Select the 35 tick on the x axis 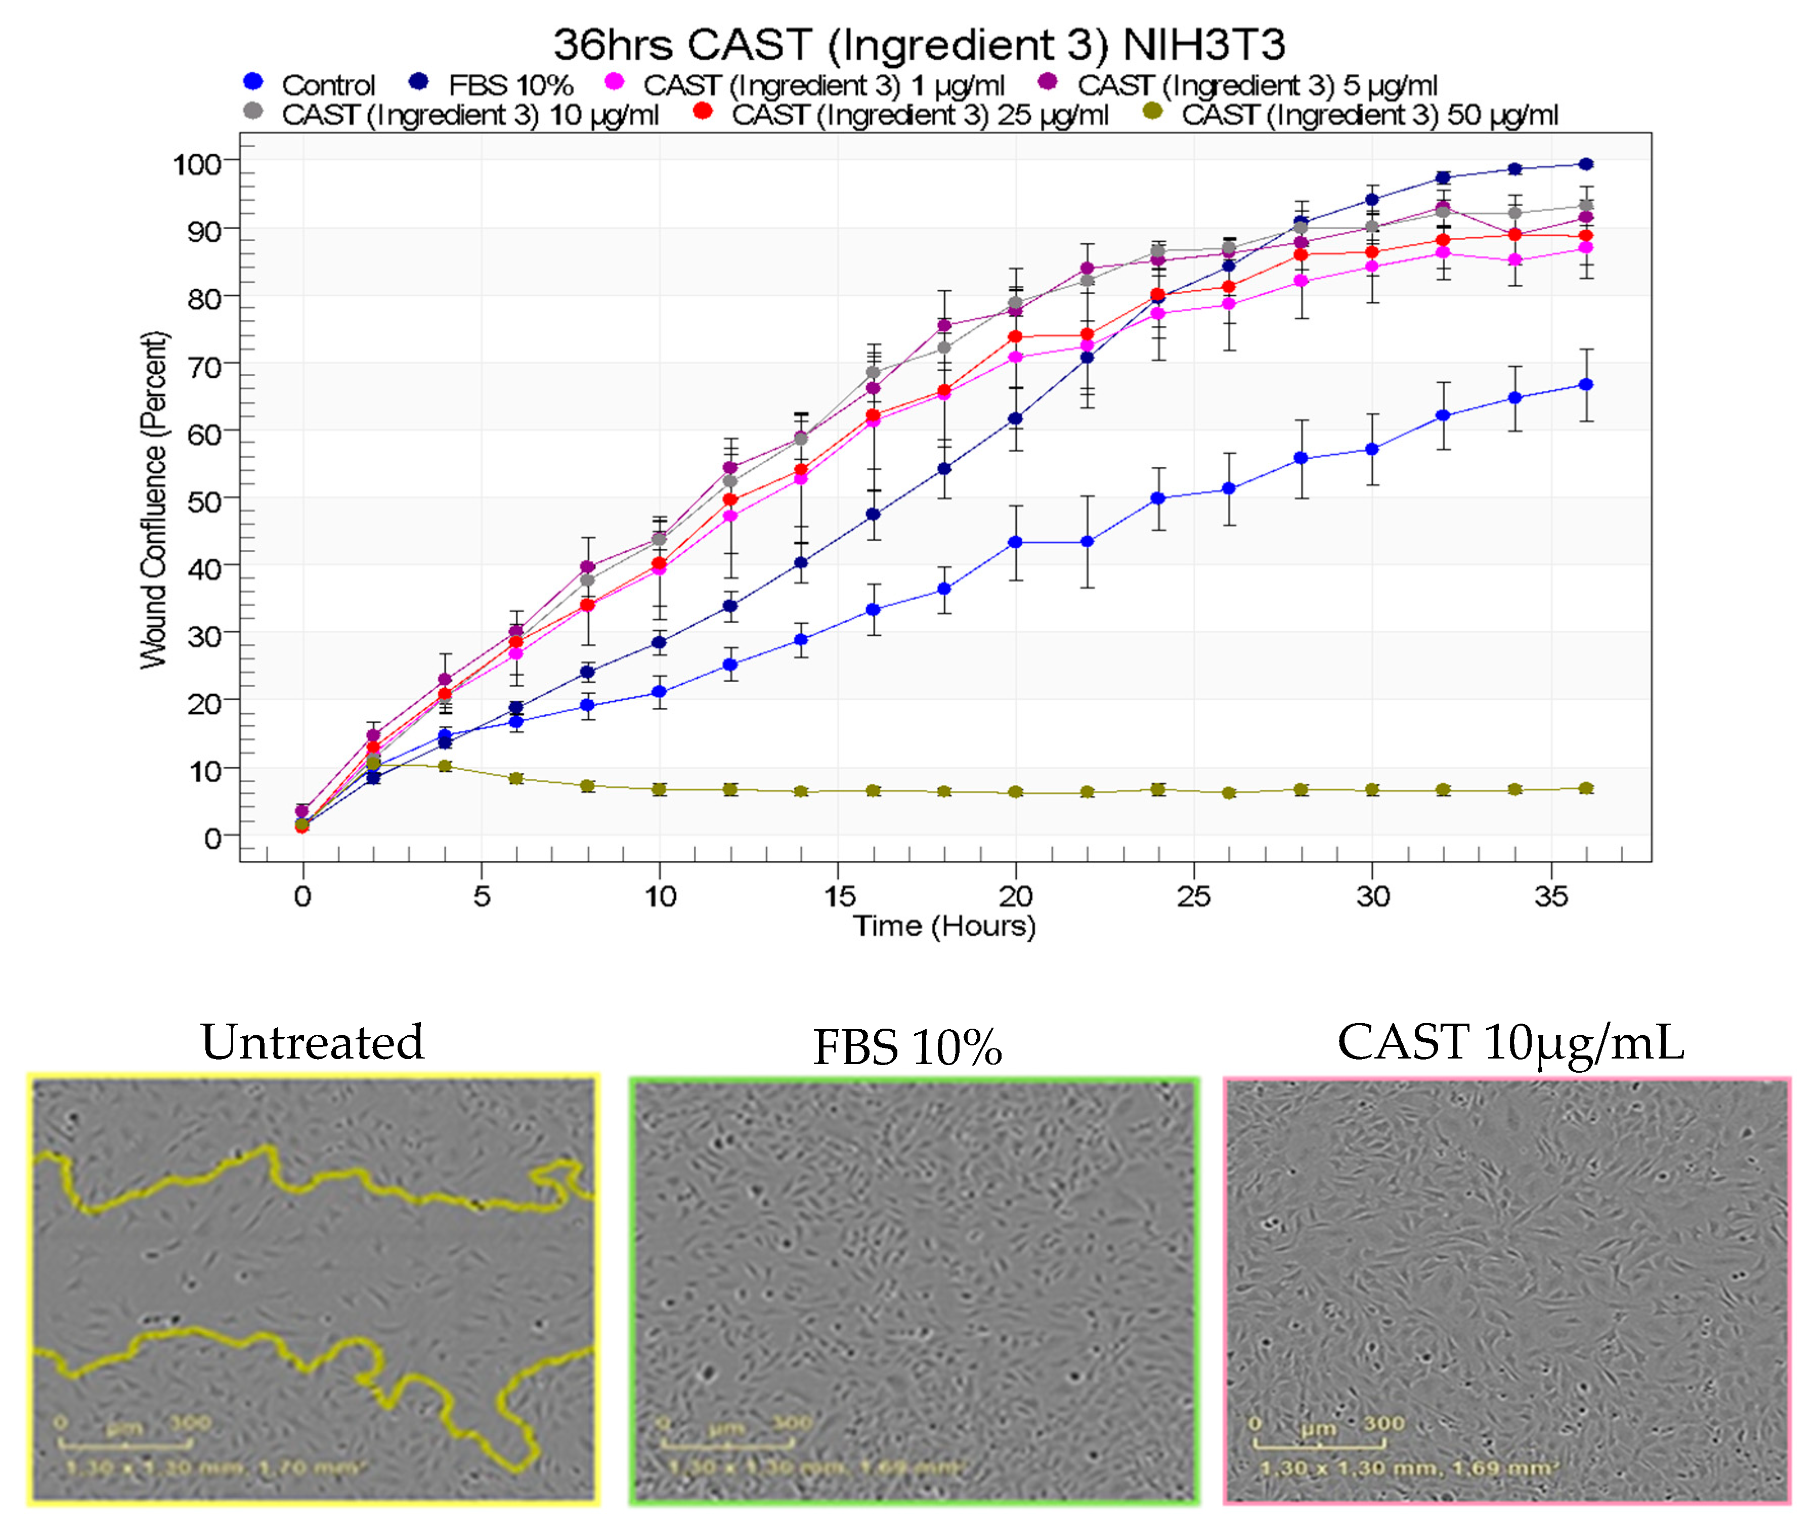tap(1551, 896)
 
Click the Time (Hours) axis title tap(944, 926)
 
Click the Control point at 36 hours tap(1586, 385)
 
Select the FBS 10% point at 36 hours tap(1586, 164)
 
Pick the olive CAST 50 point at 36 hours tap(1586, 788)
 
